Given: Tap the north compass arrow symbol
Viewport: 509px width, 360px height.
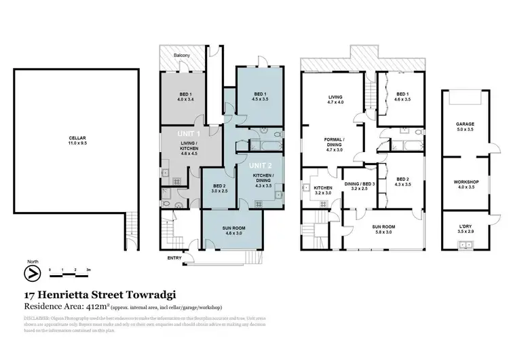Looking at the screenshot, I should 30,273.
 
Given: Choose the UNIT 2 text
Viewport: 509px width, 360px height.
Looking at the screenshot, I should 260,165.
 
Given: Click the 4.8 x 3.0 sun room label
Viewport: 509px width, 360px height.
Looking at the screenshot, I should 233,231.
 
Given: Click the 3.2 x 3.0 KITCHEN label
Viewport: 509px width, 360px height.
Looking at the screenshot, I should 322,190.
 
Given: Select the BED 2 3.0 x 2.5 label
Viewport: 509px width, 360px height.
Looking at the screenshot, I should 217,190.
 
